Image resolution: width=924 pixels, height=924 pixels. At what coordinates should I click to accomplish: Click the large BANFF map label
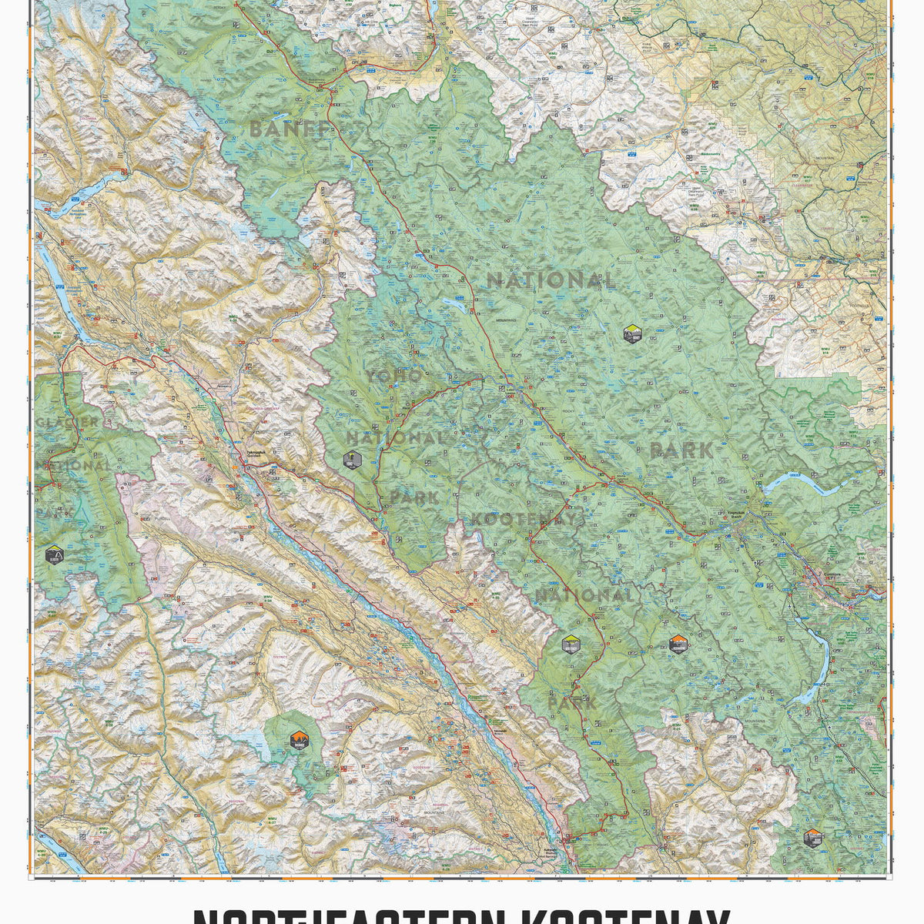coord(289,129)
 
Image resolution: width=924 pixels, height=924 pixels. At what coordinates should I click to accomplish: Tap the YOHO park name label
coord(393,376)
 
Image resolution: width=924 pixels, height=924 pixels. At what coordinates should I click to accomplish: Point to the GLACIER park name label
coord(67,422)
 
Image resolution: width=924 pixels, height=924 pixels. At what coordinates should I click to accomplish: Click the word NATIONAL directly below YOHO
coord(395,437)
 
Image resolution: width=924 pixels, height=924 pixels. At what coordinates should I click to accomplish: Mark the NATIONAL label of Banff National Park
coord(551,280)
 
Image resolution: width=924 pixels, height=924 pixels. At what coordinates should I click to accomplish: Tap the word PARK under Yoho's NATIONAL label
coord(414,497)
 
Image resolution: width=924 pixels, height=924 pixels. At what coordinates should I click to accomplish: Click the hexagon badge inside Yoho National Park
coord(353,460)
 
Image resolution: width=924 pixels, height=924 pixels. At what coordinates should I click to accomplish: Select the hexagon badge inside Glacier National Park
coord(54,554)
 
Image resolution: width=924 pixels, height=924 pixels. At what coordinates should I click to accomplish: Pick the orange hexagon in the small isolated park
coord(299,741)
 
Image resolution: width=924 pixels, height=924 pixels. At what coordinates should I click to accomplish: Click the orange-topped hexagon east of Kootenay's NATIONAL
coord(678,644)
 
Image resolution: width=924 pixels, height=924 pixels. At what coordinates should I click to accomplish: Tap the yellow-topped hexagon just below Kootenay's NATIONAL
coord(571,644)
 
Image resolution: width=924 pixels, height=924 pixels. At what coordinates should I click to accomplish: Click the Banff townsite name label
coord(738,514)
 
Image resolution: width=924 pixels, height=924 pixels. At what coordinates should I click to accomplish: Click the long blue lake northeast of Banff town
coord(805,485)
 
